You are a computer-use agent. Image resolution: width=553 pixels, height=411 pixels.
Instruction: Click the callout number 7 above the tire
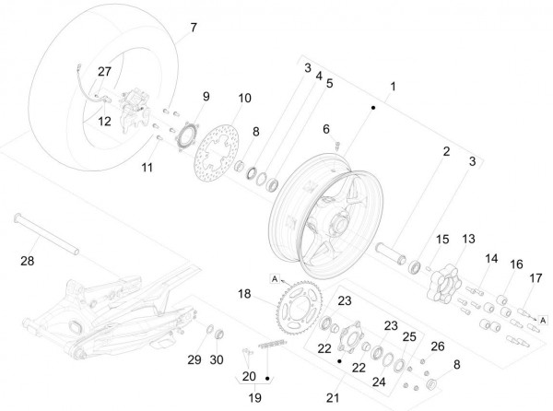(x=193, y=29)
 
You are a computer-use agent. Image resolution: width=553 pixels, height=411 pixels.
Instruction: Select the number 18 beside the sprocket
(x=243, y=294)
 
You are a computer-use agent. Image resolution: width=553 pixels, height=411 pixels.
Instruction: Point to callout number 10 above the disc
(x=244, y=98)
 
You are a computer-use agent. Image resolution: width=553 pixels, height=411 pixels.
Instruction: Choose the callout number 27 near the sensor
(x=104, y=72)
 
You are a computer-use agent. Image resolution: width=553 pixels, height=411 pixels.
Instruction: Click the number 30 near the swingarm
(x=218, y=358)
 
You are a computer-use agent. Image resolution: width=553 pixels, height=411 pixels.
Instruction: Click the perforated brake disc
(x=218, y=151)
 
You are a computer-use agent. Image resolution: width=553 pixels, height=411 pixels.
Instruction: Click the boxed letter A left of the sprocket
(x=275, y=277)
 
